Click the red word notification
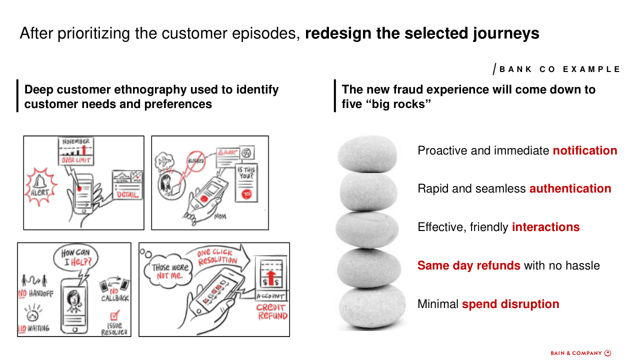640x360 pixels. point(585,150)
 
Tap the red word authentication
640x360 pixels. point(570,188)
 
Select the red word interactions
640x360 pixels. point(545,227)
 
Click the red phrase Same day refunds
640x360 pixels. point(469,265)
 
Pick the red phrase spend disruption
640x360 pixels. point(510,304)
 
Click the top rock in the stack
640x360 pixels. point(367,153)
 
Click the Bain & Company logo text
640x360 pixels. point(580,353)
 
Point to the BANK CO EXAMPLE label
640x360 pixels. point(559,69)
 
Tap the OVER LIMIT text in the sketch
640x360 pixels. point(76,160)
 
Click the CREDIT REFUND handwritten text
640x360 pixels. point(272,312)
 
